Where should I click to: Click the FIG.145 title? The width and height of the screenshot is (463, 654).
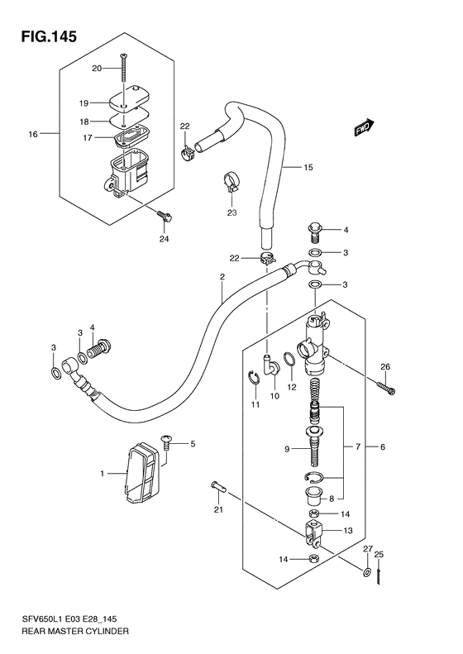point(49,36)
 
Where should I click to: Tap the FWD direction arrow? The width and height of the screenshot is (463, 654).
point(365,128)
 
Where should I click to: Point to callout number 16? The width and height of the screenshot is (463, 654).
point(33,134)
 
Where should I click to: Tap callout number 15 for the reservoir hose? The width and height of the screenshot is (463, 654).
point(308,167)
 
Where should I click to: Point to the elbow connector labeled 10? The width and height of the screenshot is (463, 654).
point(272,365)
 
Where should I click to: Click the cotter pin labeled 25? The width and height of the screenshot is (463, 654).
point(379,576)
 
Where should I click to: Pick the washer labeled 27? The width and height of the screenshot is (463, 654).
point(367,572)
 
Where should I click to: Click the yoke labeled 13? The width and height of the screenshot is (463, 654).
point(315,535)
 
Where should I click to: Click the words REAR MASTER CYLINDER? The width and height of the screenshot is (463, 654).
point(74,631)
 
